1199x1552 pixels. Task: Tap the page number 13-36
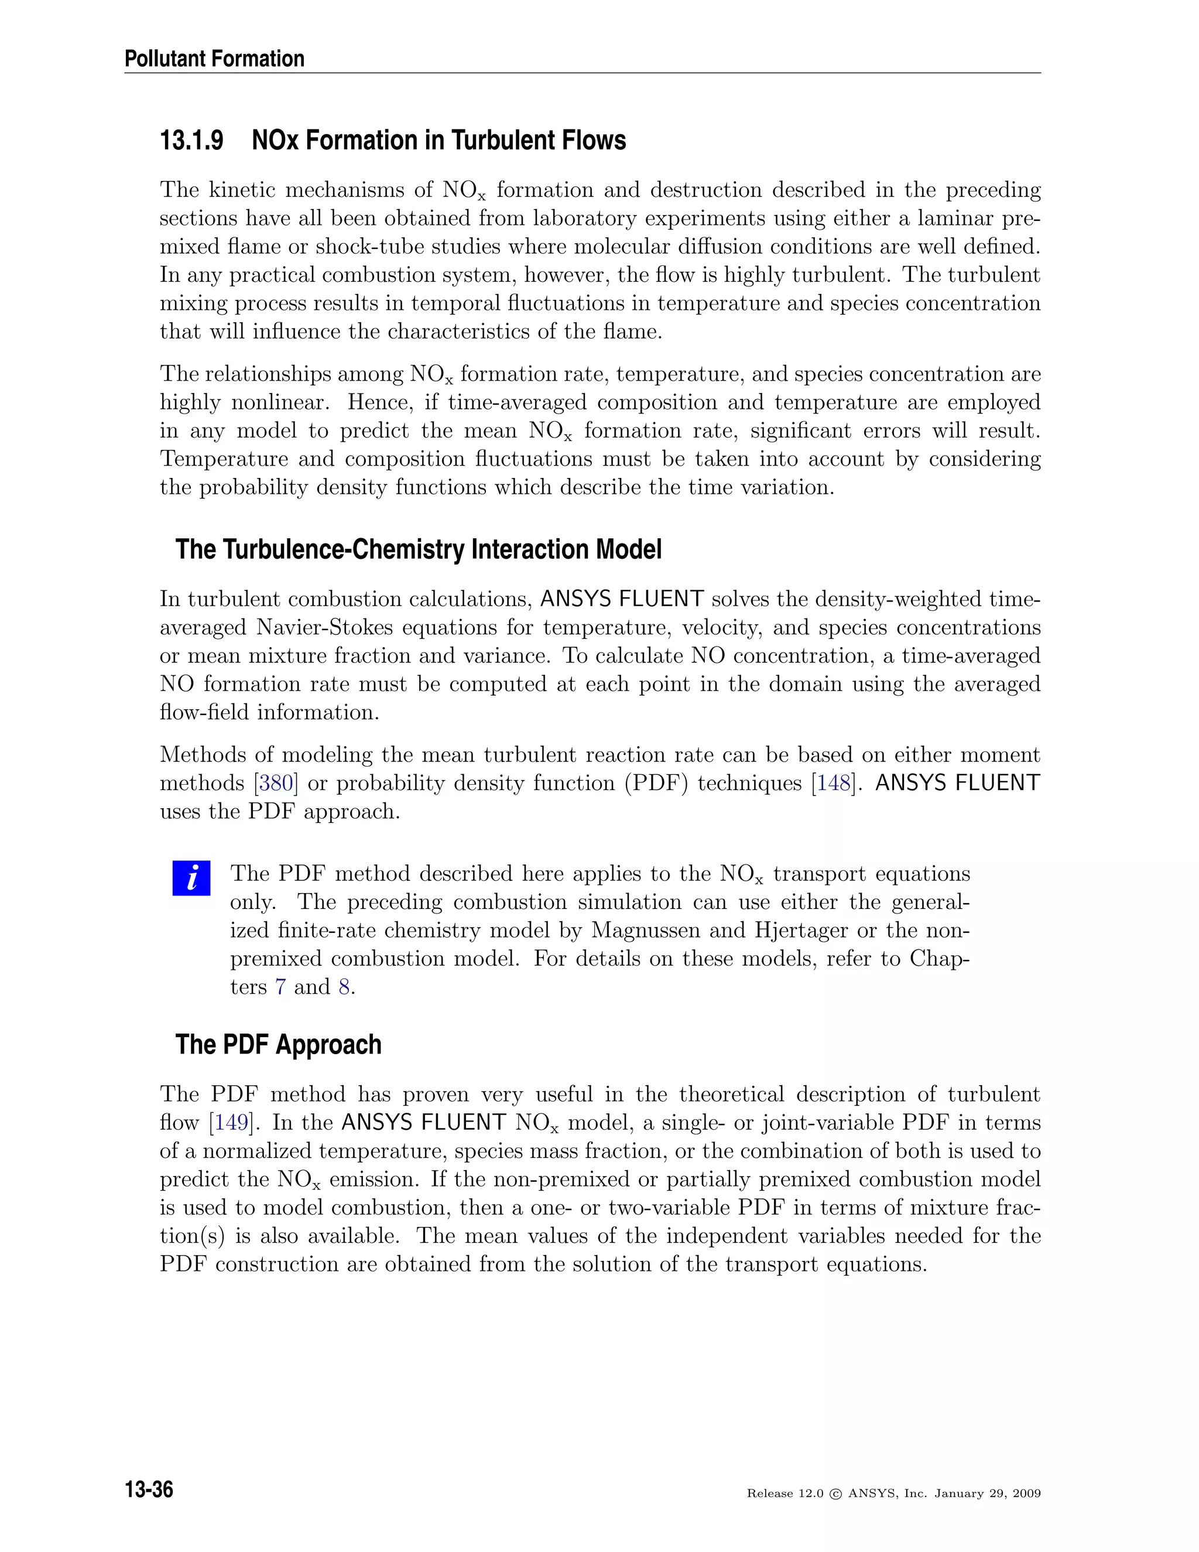pos(149,1489)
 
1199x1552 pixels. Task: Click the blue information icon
pos(191,878)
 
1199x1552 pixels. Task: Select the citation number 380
pos(276,783)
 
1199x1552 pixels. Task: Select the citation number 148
pos(833,783)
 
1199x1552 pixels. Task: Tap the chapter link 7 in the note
pos(280,987)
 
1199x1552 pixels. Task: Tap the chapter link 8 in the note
pos(344,987)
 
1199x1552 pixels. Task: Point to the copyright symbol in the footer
pos(835,1494)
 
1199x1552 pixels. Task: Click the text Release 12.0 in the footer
pos(785,1494)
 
